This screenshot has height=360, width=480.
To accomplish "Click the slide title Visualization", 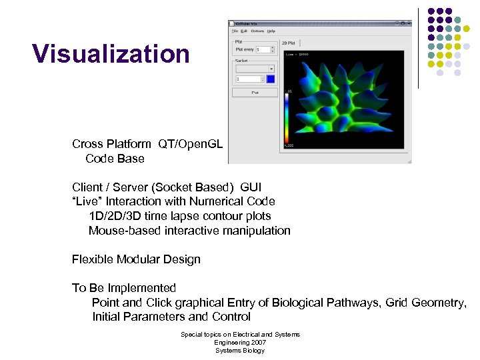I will pyautogui.click(x=111, y=54).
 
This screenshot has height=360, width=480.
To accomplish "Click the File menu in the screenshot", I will pyautogui.click(x=235, y=31).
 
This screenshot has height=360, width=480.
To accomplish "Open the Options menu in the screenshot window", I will pyautogui.click(x=257, y=31).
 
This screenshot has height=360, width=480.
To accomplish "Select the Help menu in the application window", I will pyautogui.click(x=271, y=31).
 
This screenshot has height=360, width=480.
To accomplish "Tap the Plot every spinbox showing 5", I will pyautogui.click(x=262, y=49).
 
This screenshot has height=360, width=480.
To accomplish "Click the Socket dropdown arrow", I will pyautogui.click(x=271, y=68).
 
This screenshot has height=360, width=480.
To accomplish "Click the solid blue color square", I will pyautogui.click(x=270, y=79).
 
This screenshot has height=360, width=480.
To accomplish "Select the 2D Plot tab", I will pyautogui.click(x=289, y=43).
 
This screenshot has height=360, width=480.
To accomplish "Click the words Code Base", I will pyautogui.click(x=115, y=159).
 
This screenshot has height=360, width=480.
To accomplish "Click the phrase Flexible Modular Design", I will pyautogui.click(x=136, y=259).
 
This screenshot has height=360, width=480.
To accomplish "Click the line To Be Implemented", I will pyautogui.click(x=124, y=288).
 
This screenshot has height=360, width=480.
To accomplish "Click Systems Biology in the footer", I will pyautogui.click(x=240, y=351).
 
